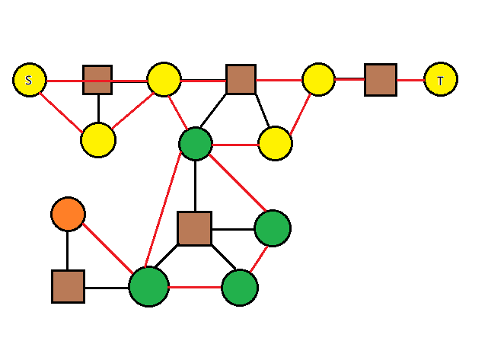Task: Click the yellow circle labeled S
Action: click(x=30, y=80)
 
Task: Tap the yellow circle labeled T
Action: click(x=441, y=79)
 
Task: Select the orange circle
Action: click(x=69, y=214)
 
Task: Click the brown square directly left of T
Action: click(x=381, y=80)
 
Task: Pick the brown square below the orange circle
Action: click(x=69, y=287)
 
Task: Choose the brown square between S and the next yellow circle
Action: click(x=97, y=80)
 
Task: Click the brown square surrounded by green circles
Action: click(x=195, y=228)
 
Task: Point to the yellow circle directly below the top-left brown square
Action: click(x=98, y=140)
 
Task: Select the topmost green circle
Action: click(x=196, y=144)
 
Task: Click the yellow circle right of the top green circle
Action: click(x=275, y=143)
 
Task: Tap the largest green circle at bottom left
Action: click(x=148, y=287)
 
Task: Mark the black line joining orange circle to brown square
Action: click(x=67, y=251)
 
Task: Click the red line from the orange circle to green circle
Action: click(x=107, y=249)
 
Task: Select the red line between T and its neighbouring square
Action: click(x=410, y=80)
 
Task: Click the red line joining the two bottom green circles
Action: click(x=195, y=287)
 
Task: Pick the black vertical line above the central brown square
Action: click(x=195, y=186)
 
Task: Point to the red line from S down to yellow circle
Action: click(x=61, y=113)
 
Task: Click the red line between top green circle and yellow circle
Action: click(x=235, y=145)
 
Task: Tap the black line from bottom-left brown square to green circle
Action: click(x=107, y=288)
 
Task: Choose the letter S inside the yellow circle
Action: click(x=29, y=80)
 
